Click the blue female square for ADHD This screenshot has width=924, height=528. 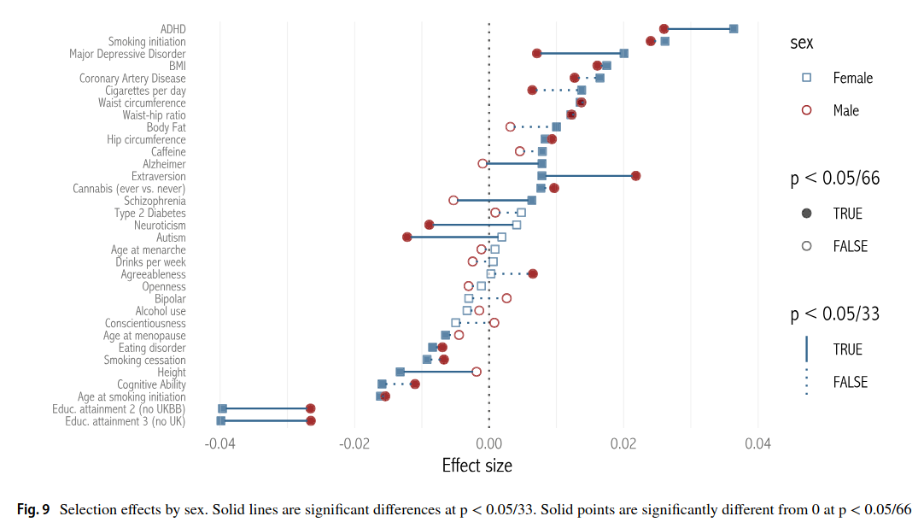click(734, 29)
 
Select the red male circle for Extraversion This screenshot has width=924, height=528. click(635, 176)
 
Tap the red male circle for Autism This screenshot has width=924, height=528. click(407, 237)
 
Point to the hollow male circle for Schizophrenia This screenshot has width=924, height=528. click(453, 200)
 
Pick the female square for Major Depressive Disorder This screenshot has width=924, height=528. click(624, 53)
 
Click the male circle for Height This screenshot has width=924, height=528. click(477, 372)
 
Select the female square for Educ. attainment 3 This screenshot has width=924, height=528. click(221, 420)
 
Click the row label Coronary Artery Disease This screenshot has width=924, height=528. click(132, 79)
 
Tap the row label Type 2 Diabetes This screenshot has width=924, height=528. click(149, 213)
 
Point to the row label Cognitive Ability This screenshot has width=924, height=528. click(151, 384)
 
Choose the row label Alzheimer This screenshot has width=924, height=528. click(164, 164)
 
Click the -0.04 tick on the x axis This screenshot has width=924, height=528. click(220, 443)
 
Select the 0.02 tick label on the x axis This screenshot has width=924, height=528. click(623, 443)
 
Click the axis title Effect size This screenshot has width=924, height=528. click(477, 466)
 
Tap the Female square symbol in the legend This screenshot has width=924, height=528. click(807, 78)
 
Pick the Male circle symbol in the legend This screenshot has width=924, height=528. click(807, 110)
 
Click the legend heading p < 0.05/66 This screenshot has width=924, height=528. click(834, 179)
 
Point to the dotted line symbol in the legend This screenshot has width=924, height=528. click(807, 382)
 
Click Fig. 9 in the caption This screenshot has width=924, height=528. click(33, 510)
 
